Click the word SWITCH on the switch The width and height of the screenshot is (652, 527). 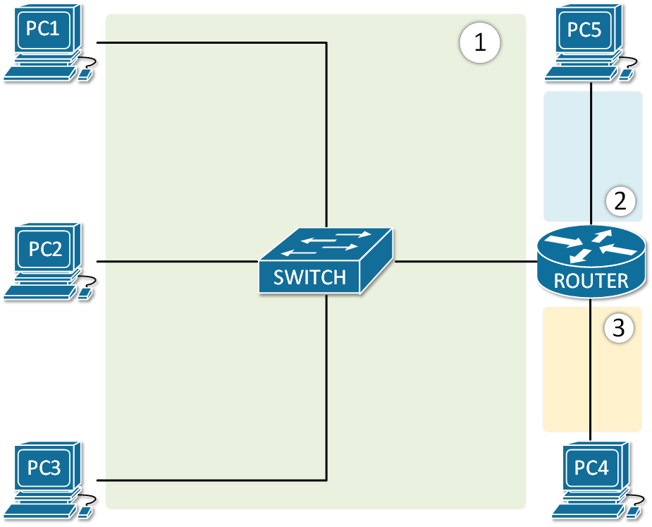(309, 277)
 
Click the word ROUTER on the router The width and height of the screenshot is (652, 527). (591, 281)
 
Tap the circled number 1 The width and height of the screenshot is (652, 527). (479, 43)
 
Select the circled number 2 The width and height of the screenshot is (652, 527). (620, 202)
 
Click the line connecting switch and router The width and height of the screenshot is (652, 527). (465, 262)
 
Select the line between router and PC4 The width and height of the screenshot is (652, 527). (591, 367)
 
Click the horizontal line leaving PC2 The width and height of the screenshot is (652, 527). (176, 262)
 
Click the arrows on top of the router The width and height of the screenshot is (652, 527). (591, 246)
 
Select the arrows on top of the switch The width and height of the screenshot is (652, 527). (326, 243)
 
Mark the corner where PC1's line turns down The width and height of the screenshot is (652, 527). (326, 43)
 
